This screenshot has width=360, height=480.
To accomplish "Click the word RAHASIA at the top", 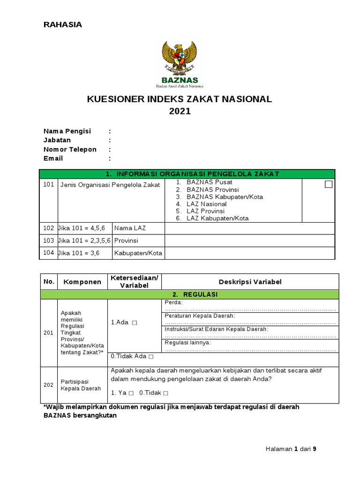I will [x=63, y=25].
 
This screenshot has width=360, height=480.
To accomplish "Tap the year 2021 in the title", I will [x=180, y=112].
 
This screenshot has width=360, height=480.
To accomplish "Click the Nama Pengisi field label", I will [x=67, y=131].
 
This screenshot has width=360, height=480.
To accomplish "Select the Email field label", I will [x=53, y=158].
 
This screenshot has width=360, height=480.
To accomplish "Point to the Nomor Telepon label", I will [x=70, y=149].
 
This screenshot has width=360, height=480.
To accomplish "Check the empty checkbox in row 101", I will [x=329, y=184].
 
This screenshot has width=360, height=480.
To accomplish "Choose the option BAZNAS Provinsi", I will [x=212, y=189].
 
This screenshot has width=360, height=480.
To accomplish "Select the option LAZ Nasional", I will [x=206, y=204].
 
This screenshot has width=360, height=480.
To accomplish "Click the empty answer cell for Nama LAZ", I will [x=249, y=228].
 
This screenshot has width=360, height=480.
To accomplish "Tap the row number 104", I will [x=48, y=253].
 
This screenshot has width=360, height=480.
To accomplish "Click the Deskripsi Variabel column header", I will [x=250, y=282].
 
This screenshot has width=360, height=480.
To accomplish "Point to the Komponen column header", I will [x=82, y=282].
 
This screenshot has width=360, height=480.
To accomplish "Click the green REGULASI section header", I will [x=189, y=294].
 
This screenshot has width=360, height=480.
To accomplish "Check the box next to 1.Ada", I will [x=135, y=323].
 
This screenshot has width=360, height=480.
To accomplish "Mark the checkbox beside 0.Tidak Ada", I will [x=151, y=357].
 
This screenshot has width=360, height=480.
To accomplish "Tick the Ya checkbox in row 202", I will [x=131, y=393].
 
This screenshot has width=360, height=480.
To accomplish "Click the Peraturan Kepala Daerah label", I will [x=200, y=316].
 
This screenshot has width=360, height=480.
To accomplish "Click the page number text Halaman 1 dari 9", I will [x=291, y=449].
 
